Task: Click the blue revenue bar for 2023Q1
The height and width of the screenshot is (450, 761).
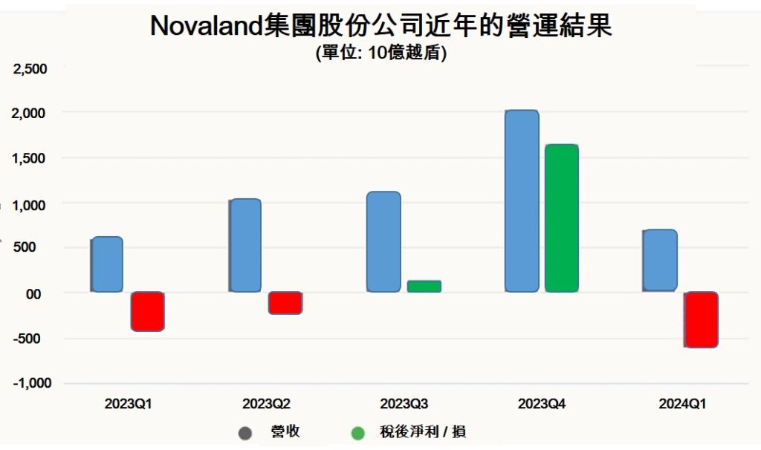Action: pos(107,264)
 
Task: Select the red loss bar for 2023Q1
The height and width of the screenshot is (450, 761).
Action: pos(147,311)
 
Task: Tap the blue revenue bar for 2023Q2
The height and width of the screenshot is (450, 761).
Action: pos(245,245)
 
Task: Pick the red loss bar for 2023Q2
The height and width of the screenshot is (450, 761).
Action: pos(285,303)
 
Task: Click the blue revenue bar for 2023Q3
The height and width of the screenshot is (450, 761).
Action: pos(383,241)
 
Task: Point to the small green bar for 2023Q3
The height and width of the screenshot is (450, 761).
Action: pos(424,287)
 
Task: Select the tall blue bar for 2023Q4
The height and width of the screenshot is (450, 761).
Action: pos(522,200)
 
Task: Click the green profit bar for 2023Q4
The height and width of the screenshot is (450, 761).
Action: pos(561,218)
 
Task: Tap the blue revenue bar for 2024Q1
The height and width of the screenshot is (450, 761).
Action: pos(660,260)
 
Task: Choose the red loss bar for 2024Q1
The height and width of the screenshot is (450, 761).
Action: pos(701,319)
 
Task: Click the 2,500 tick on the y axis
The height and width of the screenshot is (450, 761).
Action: pos(30,69)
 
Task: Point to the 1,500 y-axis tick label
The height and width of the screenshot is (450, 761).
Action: pos(30,159)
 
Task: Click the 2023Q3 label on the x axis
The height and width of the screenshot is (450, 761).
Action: pos(404,405)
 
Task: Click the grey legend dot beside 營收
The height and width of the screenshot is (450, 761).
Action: pos(245,433)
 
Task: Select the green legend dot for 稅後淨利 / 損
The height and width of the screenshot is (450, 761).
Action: pos(358,433)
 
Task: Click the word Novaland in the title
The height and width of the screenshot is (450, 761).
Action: pos(203,26)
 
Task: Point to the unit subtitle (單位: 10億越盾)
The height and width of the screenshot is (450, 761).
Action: pos(380,53)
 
